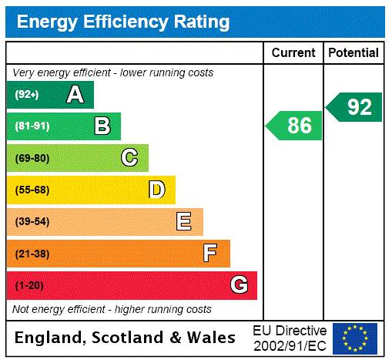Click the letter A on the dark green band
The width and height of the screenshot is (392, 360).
pos(75,95)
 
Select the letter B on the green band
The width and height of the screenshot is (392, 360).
pos(102,126)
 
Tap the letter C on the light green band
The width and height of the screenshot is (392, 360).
pos(129,158)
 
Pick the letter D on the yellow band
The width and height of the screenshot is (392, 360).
pos(156,190)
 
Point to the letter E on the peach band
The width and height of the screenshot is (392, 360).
pos(184,222)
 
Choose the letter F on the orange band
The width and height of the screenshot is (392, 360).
pos(210,254)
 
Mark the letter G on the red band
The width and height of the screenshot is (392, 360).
pos(239,285)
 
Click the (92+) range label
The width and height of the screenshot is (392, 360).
pos(27,95)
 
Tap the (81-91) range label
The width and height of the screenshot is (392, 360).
pos(32,126)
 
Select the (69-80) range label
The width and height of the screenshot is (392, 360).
pos(32,158)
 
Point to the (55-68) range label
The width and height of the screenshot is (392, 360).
pos(32,190)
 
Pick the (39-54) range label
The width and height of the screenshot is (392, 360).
pos(32,222)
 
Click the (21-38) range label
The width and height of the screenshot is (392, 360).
pos(32,254)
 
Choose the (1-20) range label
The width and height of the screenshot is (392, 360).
pos(29,285)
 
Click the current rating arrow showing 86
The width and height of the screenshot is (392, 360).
pos(294,126)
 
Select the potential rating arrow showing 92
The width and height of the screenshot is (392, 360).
pos(354,107)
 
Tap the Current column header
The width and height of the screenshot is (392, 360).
pos(293,53)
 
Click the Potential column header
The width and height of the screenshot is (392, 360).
pos(353,53)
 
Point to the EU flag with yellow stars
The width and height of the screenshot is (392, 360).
pos(355,338)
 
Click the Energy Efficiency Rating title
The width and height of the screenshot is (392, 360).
pos(123,22)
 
